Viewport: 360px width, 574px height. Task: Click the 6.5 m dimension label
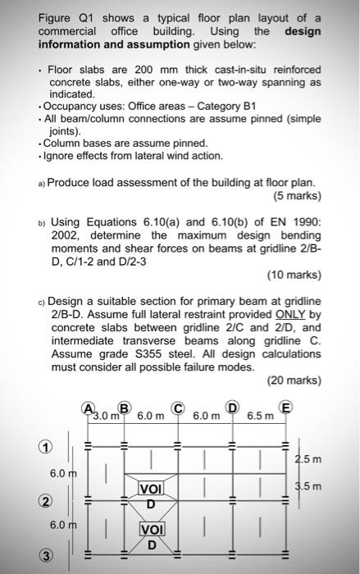262,416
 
